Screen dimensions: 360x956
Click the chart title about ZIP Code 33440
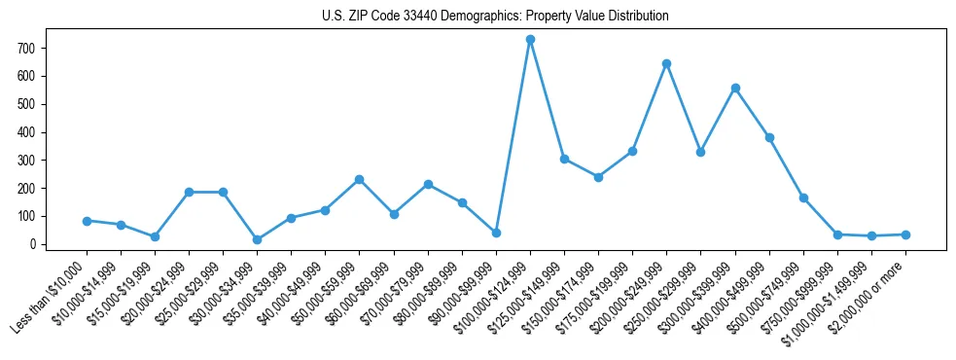495,17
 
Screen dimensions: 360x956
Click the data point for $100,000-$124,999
530,40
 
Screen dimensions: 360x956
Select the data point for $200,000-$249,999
666,64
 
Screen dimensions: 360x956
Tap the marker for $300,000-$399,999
735,89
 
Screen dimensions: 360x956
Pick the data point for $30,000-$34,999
257,239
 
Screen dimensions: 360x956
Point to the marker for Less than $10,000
87,221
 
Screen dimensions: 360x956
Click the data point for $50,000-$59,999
359,179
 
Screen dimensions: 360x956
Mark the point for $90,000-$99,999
496,233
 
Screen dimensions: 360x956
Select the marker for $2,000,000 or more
905,234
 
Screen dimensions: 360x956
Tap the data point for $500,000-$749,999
803,198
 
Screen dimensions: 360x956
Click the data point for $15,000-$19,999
155,236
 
